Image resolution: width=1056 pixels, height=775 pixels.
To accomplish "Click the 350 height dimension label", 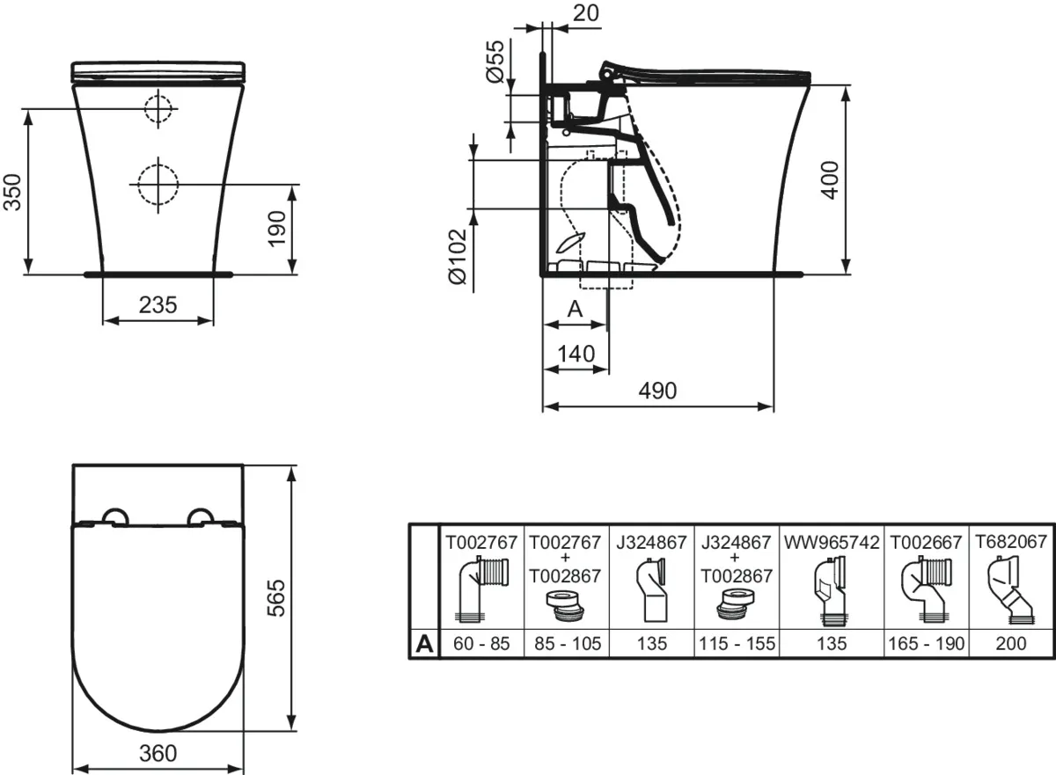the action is point(12,192).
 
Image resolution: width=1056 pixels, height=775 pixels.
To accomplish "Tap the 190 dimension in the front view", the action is point(276,229).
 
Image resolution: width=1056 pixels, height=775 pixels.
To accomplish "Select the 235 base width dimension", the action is point(158,305).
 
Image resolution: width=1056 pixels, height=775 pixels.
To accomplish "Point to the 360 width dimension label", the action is point(158,753).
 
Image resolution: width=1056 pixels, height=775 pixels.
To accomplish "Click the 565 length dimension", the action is point(276,598).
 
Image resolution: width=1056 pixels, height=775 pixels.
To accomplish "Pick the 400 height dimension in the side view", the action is point(830,180).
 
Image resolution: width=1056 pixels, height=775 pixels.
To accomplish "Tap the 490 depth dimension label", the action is point(657,391).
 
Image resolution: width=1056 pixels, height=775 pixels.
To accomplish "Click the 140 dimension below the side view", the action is point(576,354).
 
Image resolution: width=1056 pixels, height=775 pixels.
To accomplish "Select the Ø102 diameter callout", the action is point(458,257).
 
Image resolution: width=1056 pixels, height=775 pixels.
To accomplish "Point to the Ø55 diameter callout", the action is point(495,62).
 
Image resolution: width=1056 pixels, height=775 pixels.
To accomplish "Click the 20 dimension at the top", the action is point(586,13).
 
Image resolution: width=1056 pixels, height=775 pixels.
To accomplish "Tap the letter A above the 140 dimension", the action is point(576,309).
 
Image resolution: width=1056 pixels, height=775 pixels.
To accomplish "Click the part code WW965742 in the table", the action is point(832,543).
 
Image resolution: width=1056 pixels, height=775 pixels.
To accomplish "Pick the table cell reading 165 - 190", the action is point(927,644).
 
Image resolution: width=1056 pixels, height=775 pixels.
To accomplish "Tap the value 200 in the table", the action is point(1011,644).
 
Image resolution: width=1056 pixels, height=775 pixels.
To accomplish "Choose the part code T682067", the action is point(1011,542).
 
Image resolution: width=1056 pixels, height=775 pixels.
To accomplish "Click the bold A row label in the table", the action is point(424,644).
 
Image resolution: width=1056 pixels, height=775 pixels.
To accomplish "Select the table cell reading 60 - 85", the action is point(482,644).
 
